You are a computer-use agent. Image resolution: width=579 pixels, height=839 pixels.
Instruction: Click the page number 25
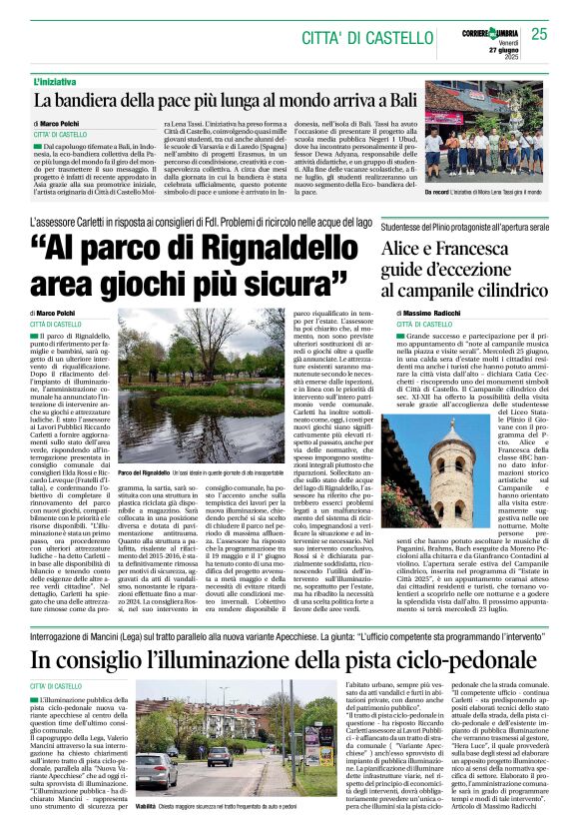(x=539, y=35)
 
